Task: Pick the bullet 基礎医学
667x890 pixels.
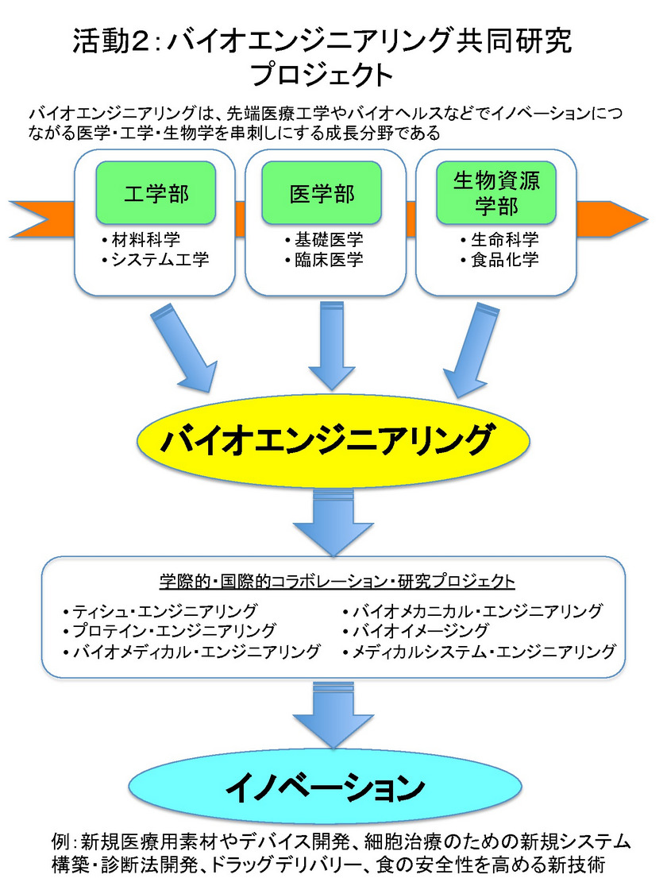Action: click(323, 241)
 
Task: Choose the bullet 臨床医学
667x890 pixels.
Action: click(323, 260)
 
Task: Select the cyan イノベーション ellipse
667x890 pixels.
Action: click(333, 787)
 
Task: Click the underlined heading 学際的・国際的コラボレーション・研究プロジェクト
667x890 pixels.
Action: click(337, 581)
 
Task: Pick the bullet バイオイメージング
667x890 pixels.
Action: click(420, 631)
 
